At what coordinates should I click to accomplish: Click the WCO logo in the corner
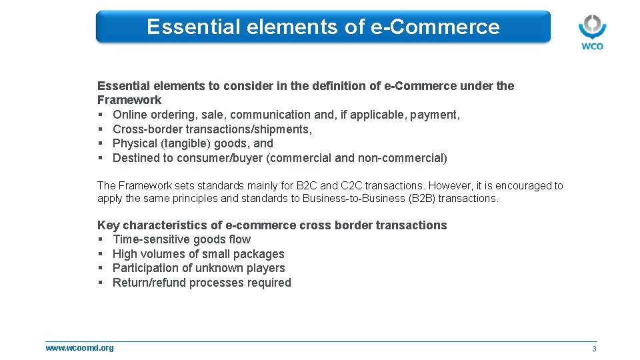point(591,31)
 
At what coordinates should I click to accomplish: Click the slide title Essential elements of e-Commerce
point(323,27)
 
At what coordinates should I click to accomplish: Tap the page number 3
point(594,349)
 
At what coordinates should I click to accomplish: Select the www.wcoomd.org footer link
point(79,347)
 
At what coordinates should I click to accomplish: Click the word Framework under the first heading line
point(129,100)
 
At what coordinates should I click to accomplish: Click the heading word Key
point(108,225)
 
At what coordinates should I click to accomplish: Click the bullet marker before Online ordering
point(100,115)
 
